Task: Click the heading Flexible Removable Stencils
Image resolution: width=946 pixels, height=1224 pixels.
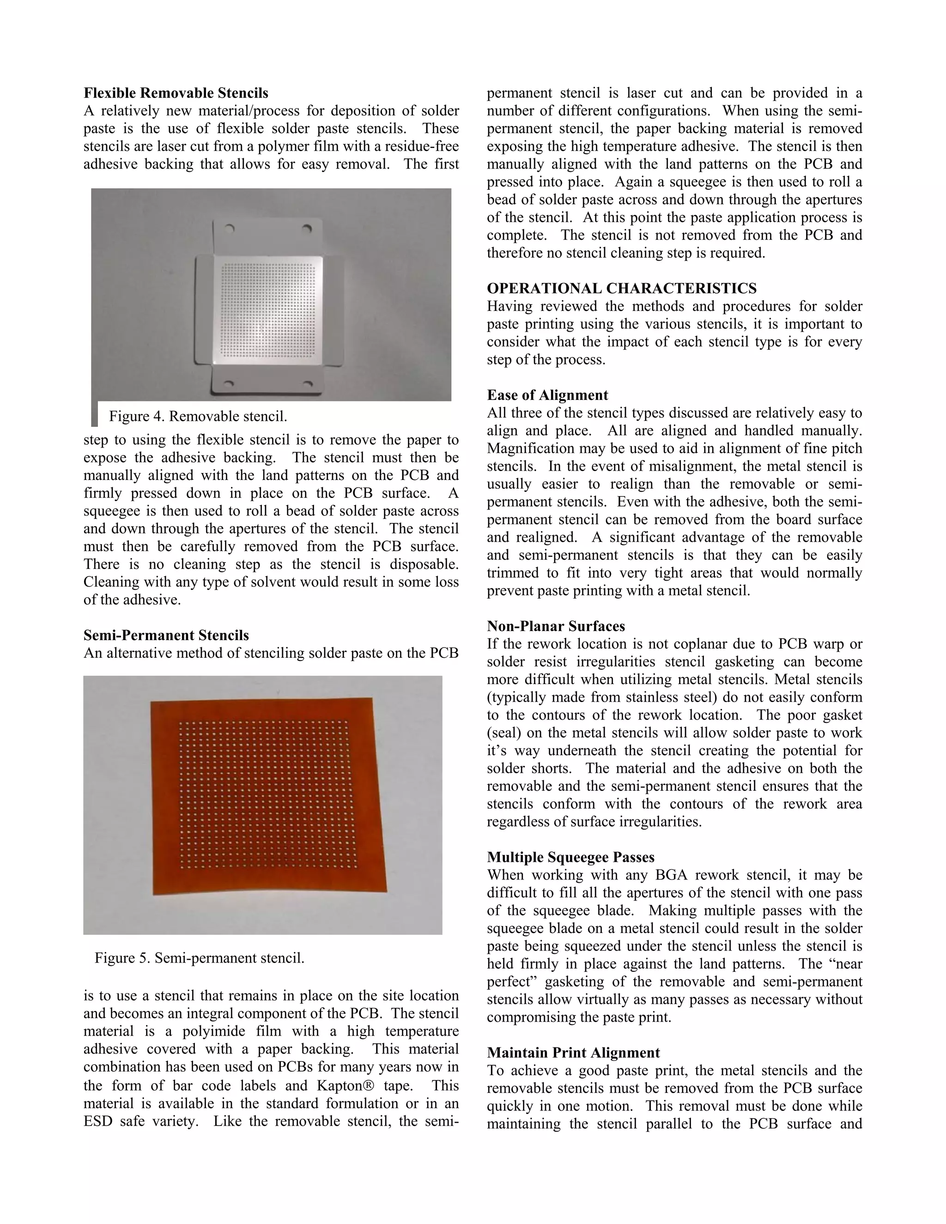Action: pyautogui.click(x=176, y=92)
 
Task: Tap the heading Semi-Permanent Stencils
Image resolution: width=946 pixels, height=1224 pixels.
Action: pyautogui.click(x=166, y=635)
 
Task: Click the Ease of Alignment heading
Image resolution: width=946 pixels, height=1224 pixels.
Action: pyautogui.click(x=546, y=395)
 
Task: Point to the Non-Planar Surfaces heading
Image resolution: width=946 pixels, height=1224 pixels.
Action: pyautogui.click(x=555, y=626)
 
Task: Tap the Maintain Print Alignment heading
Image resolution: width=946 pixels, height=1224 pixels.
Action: pyautogui.click(x=573, y=1053)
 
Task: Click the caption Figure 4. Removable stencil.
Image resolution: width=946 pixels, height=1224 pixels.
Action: pyautogui.click(x=198, y=417)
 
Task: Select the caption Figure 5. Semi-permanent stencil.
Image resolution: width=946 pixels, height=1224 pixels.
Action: pyautogui.click(x=199, y=958)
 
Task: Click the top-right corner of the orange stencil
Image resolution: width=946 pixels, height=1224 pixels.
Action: pyautogui.click(x=372, y=698)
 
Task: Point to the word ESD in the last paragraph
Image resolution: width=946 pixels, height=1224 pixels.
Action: pyautogui.click(x=97, y=1121)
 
